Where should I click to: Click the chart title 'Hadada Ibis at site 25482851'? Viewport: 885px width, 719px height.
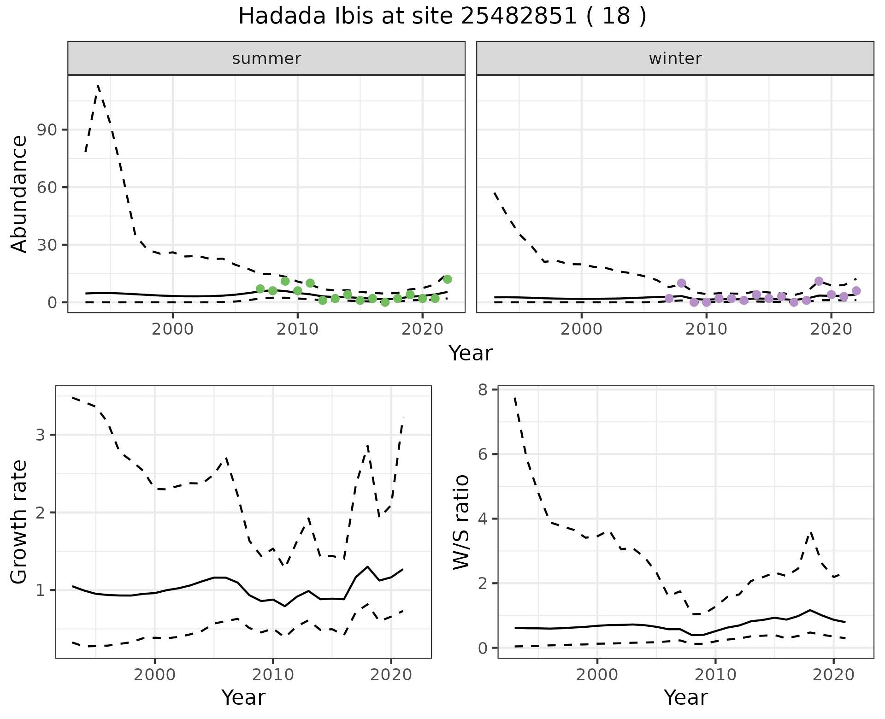coord(442,17)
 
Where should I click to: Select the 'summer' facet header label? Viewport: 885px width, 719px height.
coord(266,59)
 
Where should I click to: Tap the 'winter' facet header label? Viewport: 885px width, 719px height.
coord(675,59)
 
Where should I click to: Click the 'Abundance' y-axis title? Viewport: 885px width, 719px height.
coord(19,194)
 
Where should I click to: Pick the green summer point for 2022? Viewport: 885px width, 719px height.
coord(447,279)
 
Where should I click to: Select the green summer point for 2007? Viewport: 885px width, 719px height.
coord(260,289)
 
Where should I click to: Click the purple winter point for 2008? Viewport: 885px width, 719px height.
coord(681,283)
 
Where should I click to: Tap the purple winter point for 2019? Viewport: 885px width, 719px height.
coord(819,281)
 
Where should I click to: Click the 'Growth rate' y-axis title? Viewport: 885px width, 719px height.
coord(19,522)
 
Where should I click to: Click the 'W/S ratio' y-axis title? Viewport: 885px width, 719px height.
coord(461,522)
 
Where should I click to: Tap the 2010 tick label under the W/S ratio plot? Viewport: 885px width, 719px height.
coord(715,675)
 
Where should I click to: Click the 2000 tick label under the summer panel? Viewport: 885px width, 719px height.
coord(173,330)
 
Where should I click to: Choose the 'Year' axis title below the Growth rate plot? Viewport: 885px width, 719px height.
coord(243,697)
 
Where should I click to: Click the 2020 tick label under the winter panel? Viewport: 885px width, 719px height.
coord(831,330)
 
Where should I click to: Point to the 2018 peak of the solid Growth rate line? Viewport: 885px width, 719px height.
coord(367,566)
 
